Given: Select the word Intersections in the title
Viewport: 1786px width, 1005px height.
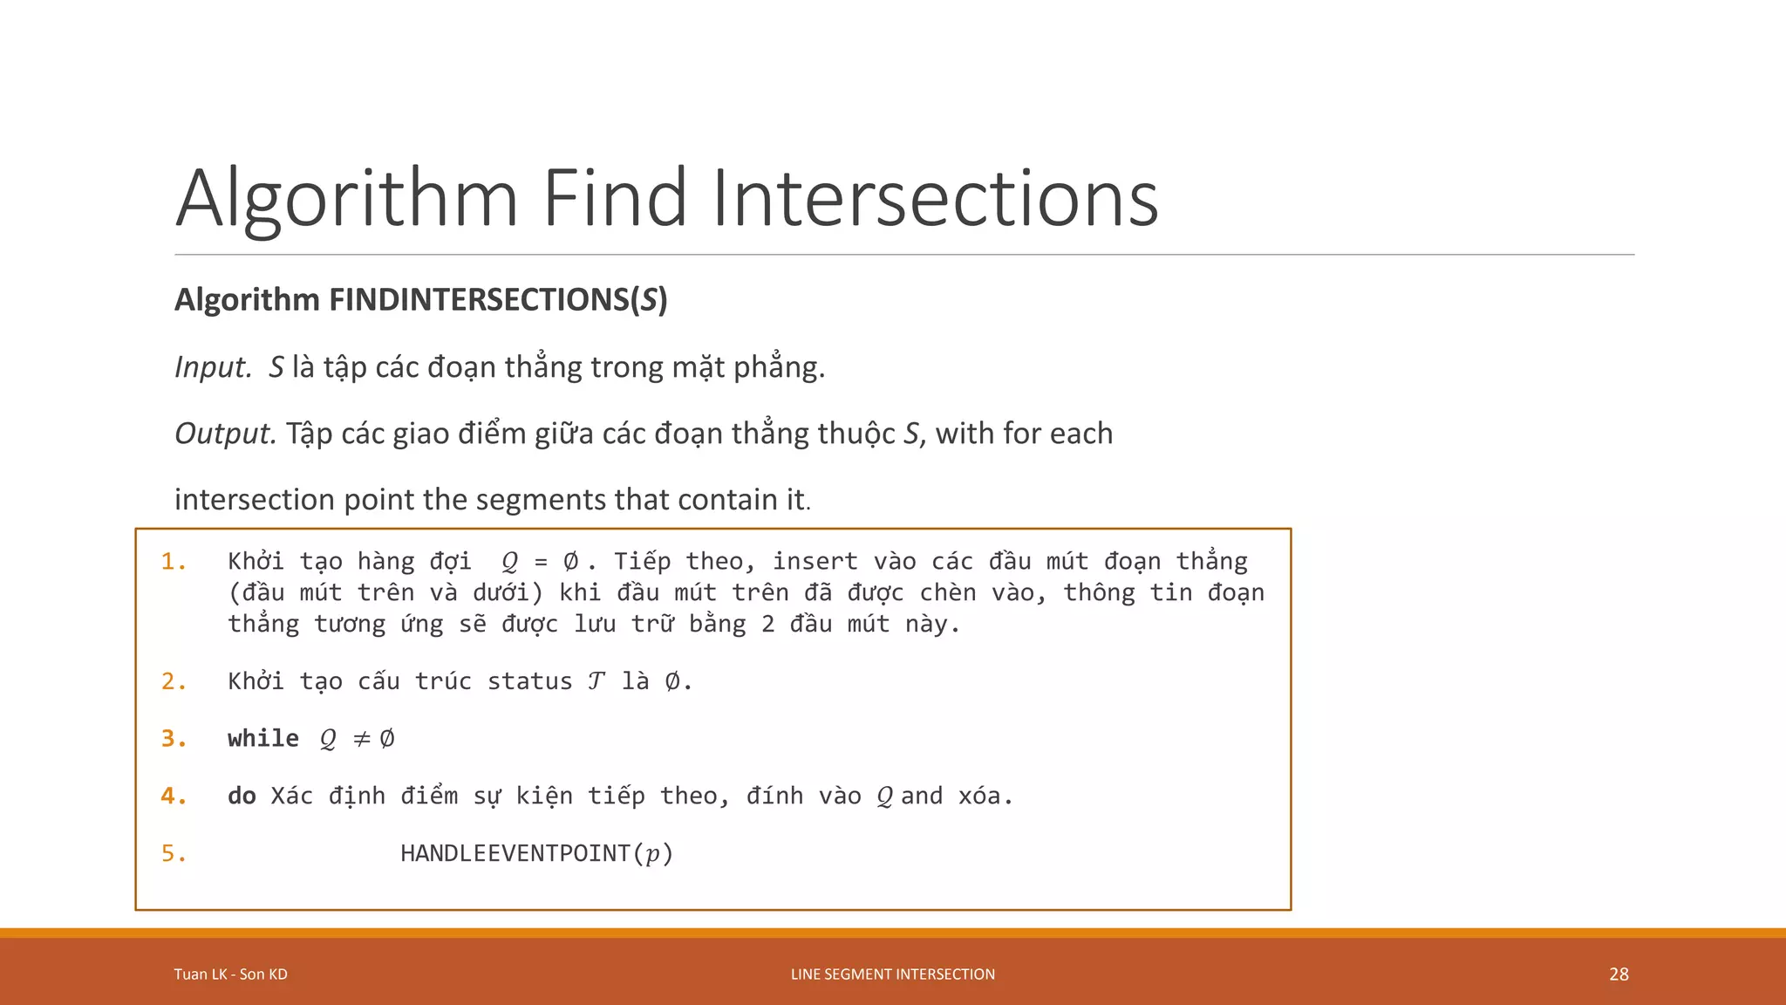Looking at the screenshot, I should click(x=935, y=198).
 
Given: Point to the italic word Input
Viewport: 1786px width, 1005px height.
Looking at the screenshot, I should click(x=213, y=367).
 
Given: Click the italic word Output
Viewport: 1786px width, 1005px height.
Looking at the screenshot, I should click(x=225, y=434).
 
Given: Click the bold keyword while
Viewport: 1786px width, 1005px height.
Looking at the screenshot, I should click(x=262, y=739).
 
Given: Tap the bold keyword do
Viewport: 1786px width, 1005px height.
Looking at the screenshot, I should click(x=242, y=796).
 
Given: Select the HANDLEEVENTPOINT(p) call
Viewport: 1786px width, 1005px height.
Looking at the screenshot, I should click(x=536, y=853).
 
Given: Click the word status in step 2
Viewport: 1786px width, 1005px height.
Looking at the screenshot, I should click(x=529, y=681).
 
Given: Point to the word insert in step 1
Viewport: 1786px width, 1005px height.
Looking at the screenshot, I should click(x=815, y=562).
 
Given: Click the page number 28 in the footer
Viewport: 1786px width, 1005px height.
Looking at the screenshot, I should click(x=1619, y=974).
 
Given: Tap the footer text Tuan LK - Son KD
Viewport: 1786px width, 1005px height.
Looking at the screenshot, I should click(x=230, y=974).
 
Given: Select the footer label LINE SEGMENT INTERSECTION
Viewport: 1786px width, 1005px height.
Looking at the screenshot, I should click(x=892, y=974).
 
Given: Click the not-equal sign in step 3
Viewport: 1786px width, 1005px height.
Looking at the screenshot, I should click(x=361, y=740).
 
